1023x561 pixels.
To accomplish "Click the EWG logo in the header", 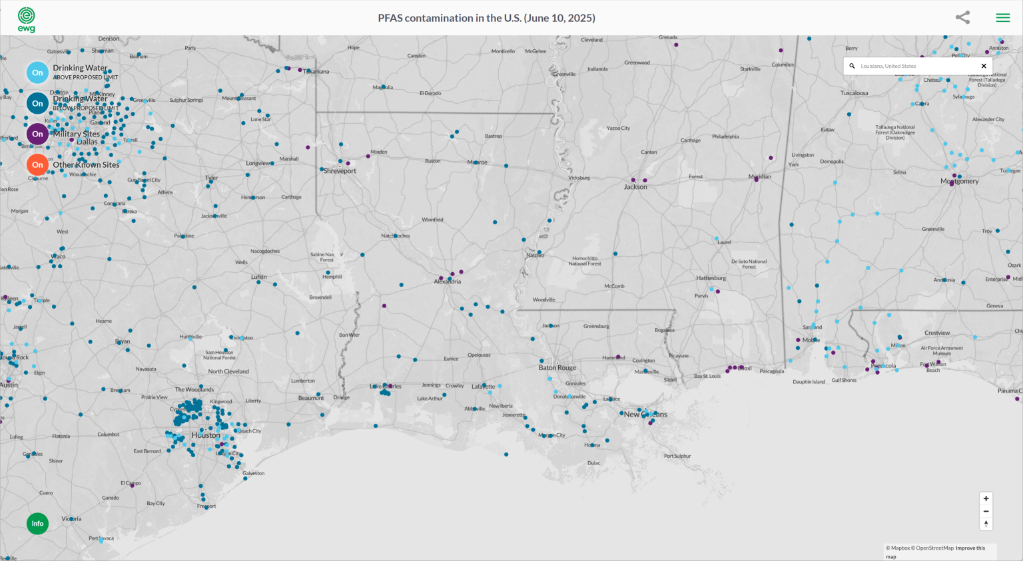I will [x=26, y=19].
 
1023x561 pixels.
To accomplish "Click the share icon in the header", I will [x=962, y=18].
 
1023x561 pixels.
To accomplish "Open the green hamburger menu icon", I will [x=1002, y=18].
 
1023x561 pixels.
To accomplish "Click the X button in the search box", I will [x=984, y=66].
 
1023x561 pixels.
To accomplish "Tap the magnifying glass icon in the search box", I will [x=852, y=66].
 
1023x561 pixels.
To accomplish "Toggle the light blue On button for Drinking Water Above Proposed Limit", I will [x=37, y=73].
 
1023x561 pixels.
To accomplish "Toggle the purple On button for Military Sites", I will [x=37, y=134].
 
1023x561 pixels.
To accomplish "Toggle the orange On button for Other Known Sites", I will [x=37, y=164].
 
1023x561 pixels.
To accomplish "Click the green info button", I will [x=37, y=524].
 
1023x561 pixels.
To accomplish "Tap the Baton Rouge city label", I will [x=557, y=367].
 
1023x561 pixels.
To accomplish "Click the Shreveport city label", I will [x=340, y=171].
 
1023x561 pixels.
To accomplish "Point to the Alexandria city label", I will [x=448, y=281].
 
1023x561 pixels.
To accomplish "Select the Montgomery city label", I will [x=960, y=181].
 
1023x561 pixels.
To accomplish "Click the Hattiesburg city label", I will [x=711, y=278].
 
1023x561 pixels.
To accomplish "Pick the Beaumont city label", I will [x=311, y=398].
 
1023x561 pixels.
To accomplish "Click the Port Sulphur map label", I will [x=677, y=456].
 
